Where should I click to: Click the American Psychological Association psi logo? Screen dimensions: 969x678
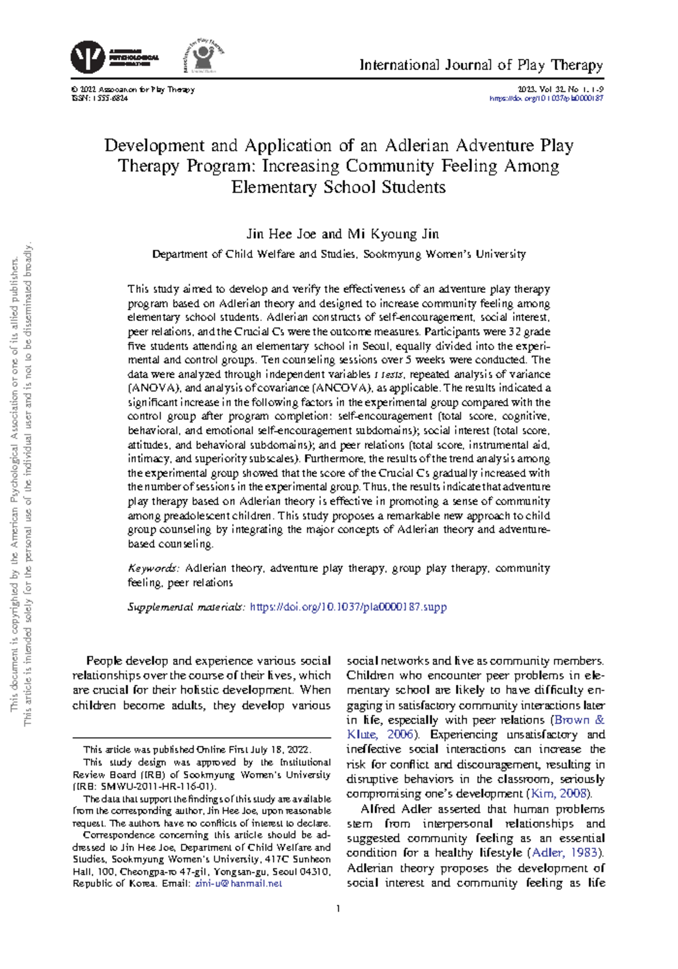point(87,57)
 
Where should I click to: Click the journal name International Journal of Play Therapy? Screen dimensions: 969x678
point(481,65)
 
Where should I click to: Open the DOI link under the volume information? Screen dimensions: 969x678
point(546,98)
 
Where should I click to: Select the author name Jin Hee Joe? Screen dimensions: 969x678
point(281,234)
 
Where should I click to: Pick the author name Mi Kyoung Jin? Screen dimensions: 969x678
point(393,234)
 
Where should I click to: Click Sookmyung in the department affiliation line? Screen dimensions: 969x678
point(392,254)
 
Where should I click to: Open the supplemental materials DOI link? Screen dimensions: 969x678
point(348,607)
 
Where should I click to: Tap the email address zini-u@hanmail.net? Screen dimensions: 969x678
point(238,884)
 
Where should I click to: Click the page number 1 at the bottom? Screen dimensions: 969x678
point(338,909)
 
